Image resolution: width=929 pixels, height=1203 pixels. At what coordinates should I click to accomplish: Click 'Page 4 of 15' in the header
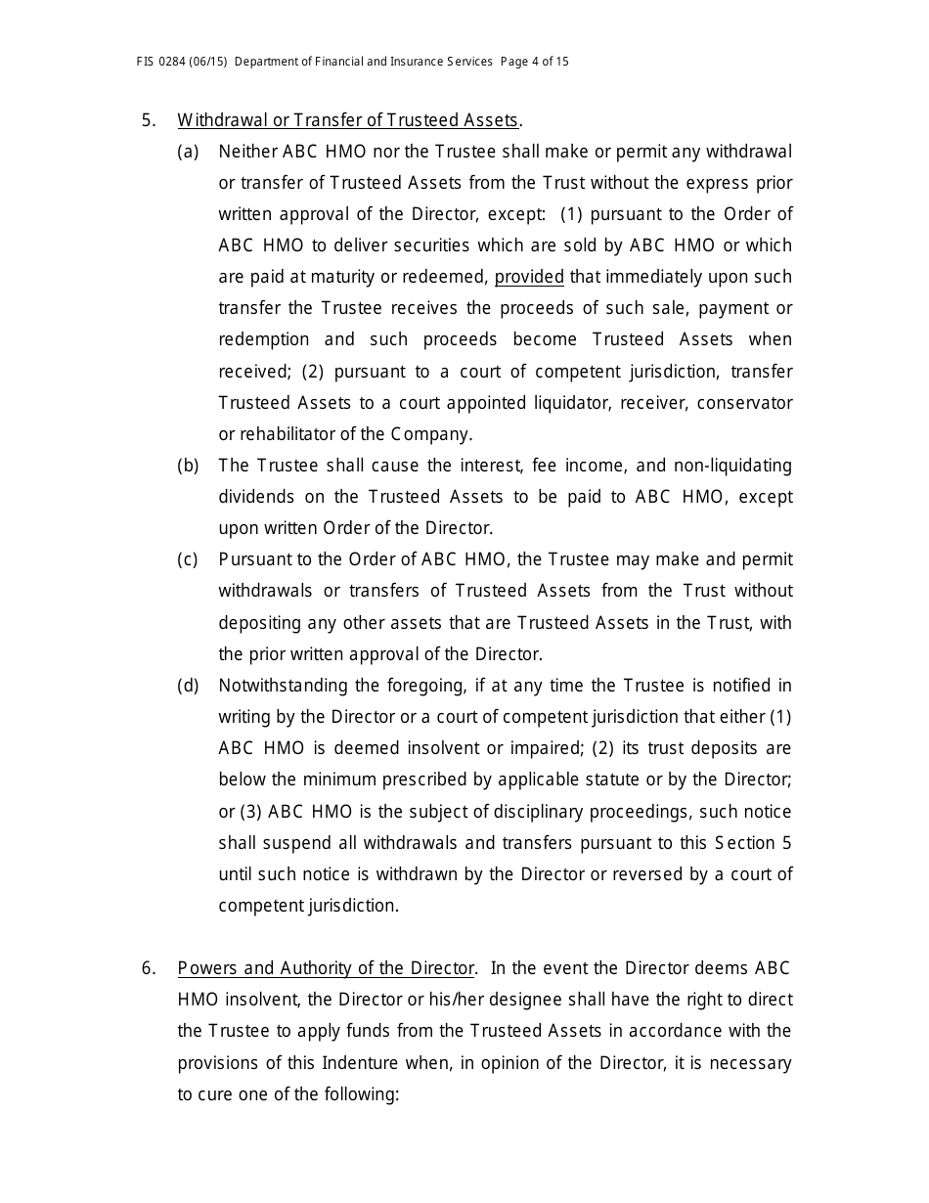click(534, 62)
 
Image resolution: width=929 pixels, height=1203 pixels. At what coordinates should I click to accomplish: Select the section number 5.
click(149, 120)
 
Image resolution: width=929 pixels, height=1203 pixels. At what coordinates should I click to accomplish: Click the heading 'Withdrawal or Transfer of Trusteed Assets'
click(347, 120)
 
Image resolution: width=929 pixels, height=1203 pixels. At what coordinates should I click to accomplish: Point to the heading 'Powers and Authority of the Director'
click(326, 968)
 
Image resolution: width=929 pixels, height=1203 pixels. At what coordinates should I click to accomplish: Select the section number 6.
click(149, 968)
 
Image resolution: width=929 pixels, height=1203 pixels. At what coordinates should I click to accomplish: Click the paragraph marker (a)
click(188, 152)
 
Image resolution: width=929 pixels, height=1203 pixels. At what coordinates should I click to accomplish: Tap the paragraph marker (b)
click(188, 466)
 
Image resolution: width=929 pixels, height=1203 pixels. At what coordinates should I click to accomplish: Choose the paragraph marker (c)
click(188, 559)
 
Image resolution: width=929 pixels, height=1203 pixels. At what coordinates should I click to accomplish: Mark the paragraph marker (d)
click(188, 686)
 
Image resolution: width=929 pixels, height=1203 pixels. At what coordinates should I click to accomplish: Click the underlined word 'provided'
click(529, 277)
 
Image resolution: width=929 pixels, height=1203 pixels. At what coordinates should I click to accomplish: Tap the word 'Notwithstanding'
click(281, 686)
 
